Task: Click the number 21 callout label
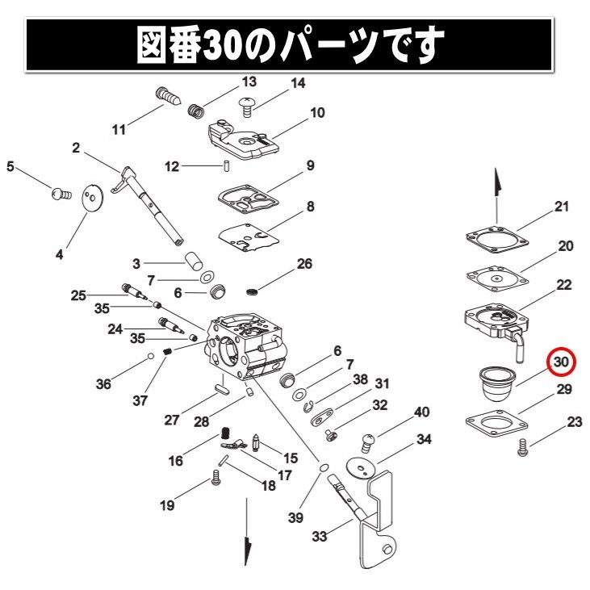coord(561,207)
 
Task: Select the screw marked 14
coord(249,103)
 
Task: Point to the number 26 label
coord(304,264)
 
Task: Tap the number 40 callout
coord(421,412)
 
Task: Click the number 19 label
coord(167,506)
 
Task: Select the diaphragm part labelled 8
coord(249,235)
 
